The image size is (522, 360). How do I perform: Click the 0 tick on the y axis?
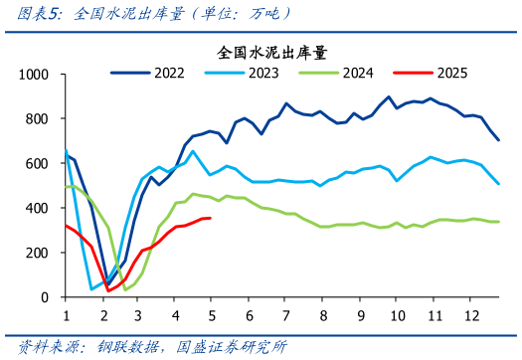(x=45, y=297)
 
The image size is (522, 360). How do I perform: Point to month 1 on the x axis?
(x=66, y=314)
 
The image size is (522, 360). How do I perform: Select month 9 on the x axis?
(x=360, y=314)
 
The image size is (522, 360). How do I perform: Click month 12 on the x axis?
(x=472, y=314)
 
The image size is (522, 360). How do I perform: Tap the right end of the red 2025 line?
(x=210, y=218)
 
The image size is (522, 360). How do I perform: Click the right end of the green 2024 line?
(x=498, y=222)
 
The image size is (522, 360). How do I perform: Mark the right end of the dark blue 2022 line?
(x=498, y=140)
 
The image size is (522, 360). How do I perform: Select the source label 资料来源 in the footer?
(x=45, y=347)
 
